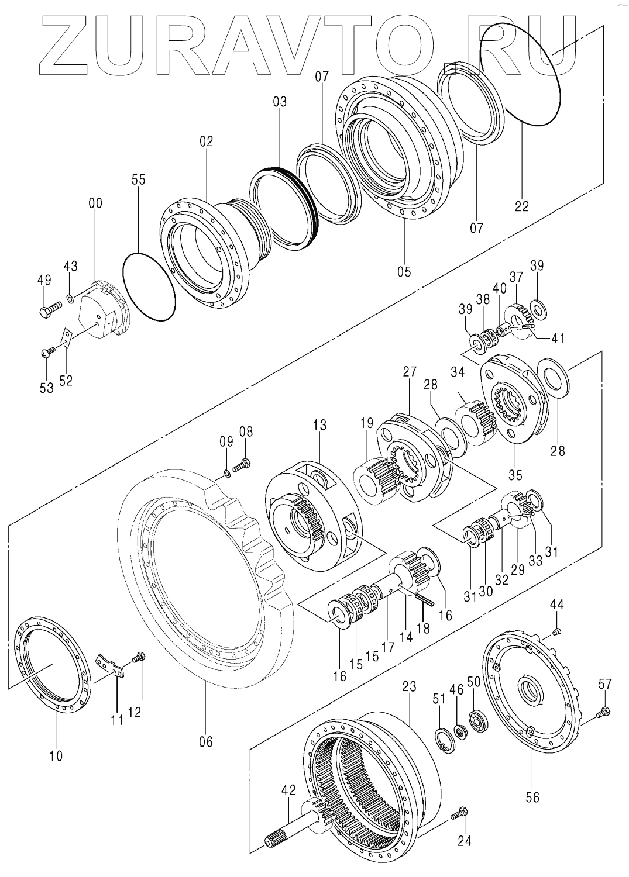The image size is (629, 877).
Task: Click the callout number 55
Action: pos(138,180)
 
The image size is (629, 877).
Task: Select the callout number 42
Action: pos(288,790)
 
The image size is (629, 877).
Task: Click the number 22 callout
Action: pos(521,206)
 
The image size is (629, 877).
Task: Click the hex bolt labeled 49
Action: pos(51,307)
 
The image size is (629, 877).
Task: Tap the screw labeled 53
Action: pos(47,353)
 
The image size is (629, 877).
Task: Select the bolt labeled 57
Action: pos(603,712)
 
